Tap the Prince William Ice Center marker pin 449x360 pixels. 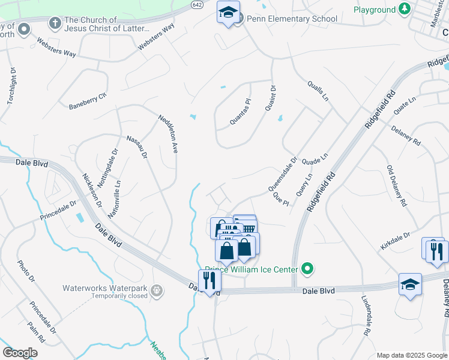pyautogui.click(x=308, y=269)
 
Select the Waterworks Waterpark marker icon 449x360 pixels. pyautogui.click(x=157, y=290)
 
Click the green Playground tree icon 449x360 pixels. pyautogui.click(x=405, y=10)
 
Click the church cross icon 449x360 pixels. pyautogui.click(x=55, y=23)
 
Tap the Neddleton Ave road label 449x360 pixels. pyautogui.click(x=169, y=133)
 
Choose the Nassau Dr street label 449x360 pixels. pyautogui.click(x=137, y=147)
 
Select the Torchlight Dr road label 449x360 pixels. pyautogui.click(x=11, y=86)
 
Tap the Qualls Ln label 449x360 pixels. pyautogui.click(x=319, y=90)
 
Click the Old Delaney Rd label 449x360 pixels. pyautogui.click(x=396, y=186)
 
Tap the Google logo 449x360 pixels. pyautogui.click(x=20, y=353)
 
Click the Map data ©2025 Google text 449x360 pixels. pyautogui.click(x=411, y=355)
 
